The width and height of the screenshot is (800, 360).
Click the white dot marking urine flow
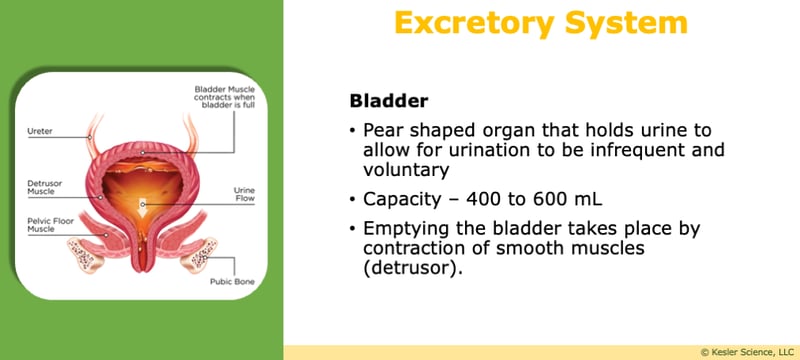pos(144,204)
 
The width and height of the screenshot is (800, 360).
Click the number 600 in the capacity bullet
pos(538,198)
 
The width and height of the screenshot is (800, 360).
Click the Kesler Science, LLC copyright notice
pos(744,351)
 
